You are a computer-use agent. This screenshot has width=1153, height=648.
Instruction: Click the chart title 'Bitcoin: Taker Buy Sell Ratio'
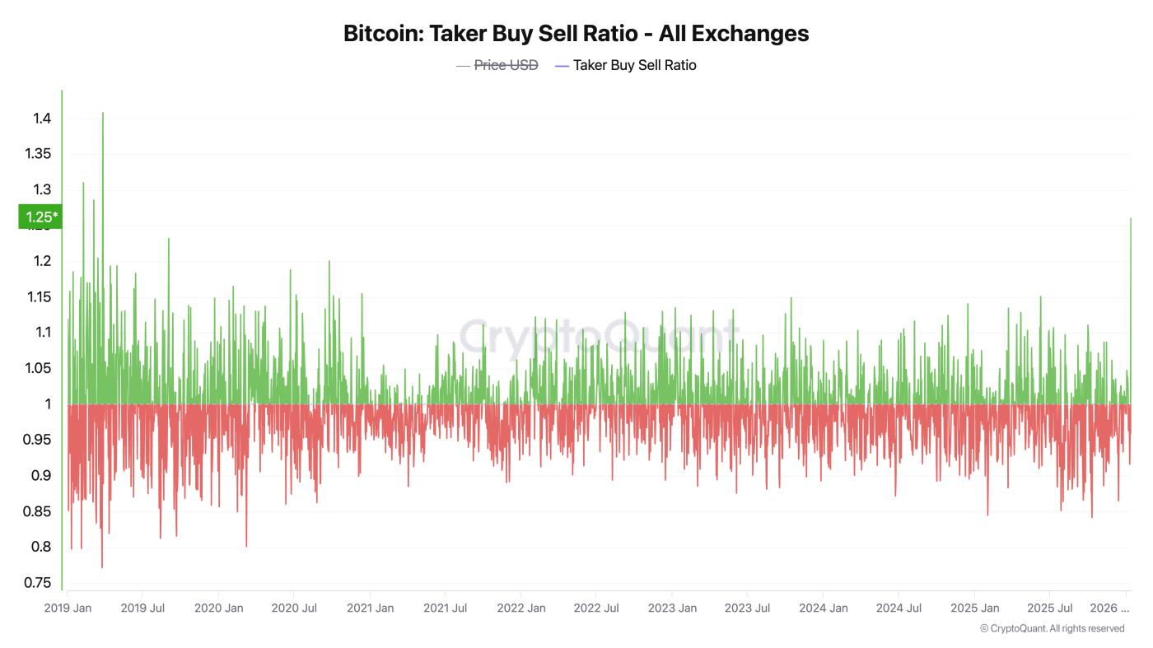[x=576, y=34]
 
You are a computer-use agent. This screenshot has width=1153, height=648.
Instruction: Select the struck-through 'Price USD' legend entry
[x=506, y=65]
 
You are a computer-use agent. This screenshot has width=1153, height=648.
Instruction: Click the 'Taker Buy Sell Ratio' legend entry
[x=634, y=65]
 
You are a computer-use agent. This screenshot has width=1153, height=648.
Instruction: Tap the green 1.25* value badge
[x=40, y=217]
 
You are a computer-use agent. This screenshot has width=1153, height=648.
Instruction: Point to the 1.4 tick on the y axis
[x=42, y=119]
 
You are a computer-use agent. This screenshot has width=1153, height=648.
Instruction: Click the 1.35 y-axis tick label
[x=38, y=154]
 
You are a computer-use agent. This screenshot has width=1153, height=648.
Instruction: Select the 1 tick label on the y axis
[x=48, y=404]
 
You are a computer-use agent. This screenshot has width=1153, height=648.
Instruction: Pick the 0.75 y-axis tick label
[x=38, y=583]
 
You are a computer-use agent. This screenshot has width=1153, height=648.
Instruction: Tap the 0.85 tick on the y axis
[x=38, y=511]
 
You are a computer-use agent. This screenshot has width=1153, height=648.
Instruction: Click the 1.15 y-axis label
[x=38, y=296]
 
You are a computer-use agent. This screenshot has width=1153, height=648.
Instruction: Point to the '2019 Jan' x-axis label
[x=68, y=608]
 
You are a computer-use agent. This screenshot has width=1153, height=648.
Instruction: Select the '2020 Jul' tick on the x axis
[x=294, y=608]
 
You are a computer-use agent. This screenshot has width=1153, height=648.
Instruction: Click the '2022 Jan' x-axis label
[x=520, y=608]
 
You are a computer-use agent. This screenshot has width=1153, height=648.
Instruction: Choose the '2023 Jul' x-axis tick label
[x=747, y=608]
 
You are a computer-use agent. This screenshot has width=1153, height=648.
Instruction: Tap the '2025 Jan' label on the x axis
[x=974, y=608]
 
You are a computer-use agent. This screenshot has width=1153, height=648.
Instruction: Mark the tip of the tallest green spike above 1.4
[x=103, y=113]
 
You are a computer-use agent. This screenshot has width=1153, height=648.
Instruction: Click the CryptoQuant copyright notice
[x=1052, y=628]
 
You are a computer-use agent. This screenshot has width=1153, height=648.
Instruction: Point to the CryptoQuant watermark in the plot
[x=598, y=336]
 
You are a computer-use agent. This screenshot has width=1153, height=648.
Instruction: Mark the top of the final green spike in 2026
[x=1131, y=218]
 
